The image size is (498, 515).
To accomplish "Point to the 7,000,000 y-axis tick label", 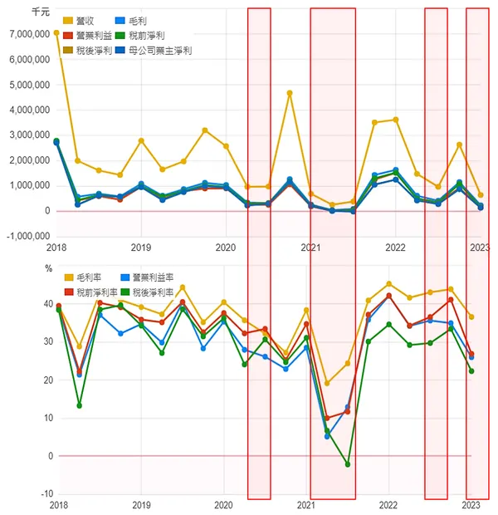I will point(28,35).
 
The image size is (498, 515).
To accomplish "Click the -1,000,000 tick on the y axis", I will point(27,236).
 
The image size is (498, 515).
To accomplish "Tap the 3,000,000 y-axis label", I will point(28,135).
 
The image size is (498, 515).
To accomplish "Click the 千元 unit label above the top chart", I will point(39,12).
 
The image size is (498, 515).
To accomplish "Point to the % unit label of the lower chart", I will point(48,268).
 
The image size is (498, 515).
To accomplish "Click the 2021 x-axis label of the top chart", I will point(310,248).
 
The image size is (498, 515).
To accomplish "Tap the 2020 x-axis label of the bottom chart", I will point(223,505).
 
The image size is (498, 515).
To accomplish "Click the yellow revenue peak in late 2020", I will point(290,93).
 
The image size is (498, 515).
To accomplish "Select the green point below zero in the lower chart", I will point(348,464).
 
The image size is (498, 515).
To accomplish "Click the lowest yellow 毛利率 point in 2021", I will point(327,383).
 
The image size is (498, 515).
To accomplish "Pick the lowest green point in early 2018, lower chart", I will point(79,405).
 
